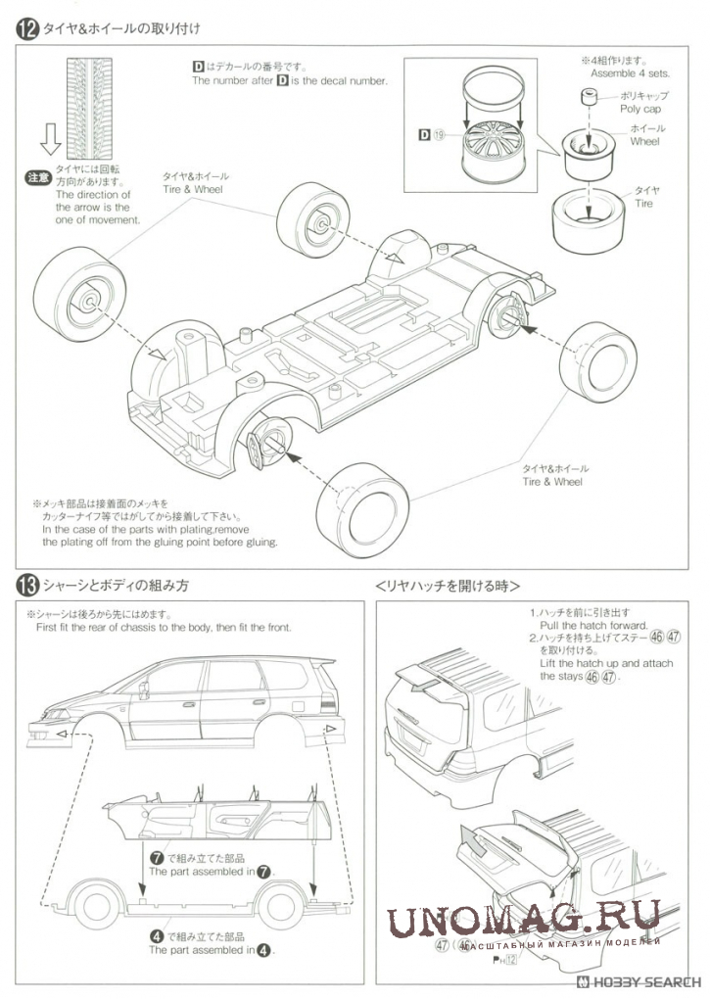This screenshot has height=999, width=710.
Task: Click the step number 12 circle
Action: point(26,30)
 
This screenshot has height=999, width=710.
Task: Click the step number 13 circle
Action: point(26,586)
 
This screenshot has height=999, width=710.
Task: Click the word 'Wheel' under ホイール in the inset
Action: point(644,142)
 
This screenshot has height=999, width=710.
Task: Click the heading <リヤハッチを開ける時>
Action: point(447,586)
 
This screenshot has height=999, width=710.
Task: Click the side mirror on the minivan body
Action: point(144,690)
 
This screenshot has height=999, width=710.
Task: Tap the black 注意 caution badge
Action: point(36,178)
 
